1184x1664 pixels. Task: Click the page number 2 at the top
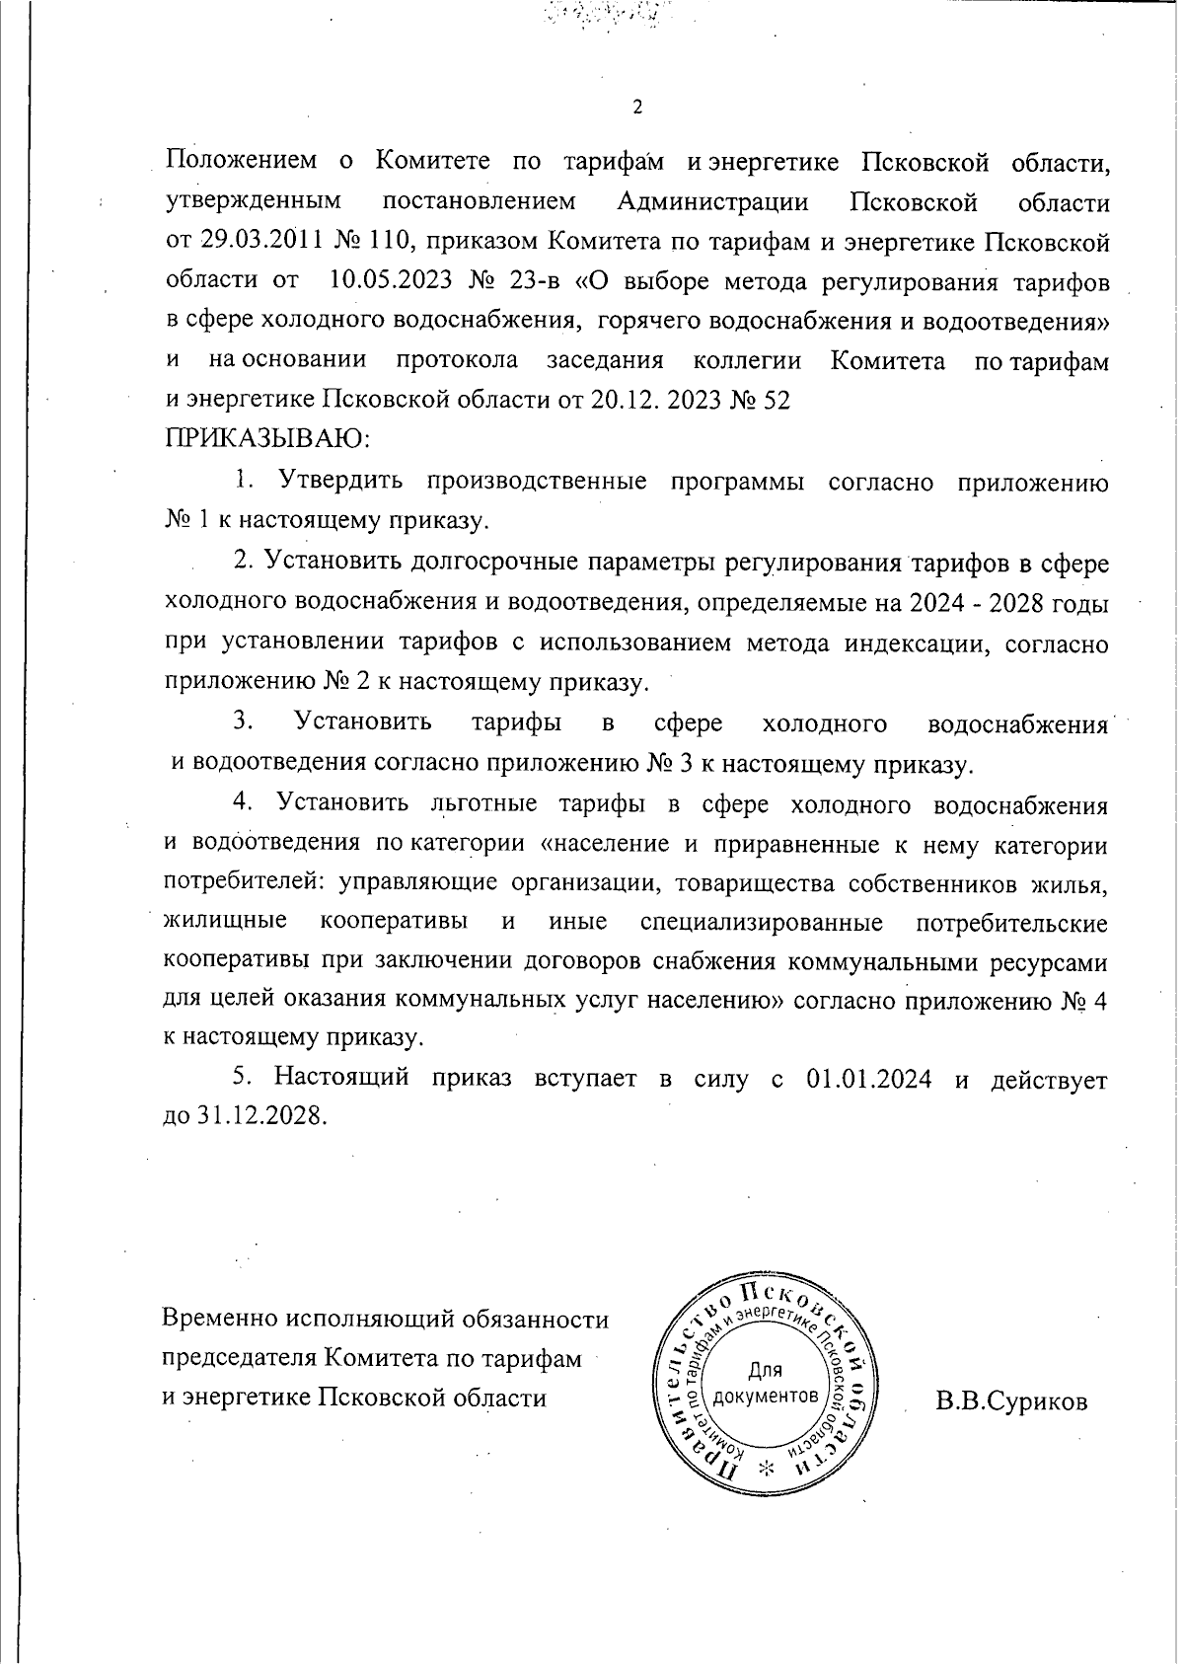tap(636, 107)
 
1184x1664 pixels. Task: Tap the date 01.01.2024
tap(869, 1078)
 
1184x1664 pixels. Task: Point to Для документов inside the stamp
tap(766, 1383)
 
